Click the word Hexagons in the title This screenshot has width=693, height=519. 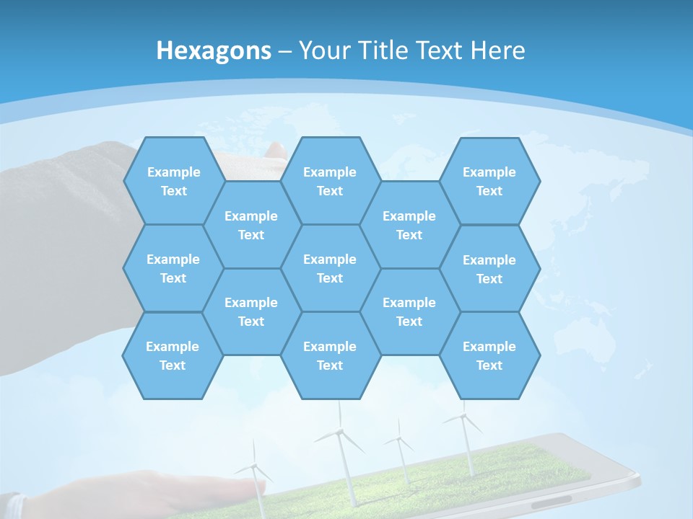[x=214, y=50]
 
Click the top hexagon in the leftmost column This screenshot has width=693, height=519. [x=173, y=181]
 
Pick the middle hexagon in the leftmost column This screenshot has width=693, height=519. [x=173, y=268]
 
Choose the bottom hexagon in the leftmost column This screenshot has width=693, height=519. [x=173, y=355]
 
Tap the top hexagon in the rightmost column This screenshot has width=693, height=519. [x=489, y=181]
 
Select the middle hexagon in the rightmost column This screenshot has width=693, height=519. [x=489, y=269]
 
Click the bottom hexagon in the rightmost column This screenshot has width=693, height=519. [x=489, y=355]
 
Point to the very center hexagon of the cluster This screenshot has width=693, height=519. [x=330, y=268]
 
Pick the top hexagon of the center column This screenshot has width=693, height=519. [x=330, y=181]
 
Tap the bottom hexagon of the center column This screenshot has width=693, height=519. [x=330, y=355]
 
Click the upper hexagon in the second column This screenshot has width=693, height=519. [x=251, y=225]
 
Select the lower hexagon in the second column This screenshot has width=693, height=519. [x=251, y=311]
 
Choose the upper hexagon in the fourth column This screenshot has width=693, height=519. [x=409, y=225]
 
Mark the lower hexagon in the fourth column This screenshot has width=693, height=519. [x=409, y=311]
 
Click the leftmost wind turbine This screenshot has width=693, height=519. [x=255, y=469]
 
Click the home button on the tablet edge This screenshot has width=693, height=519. [x=552, y=499]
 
